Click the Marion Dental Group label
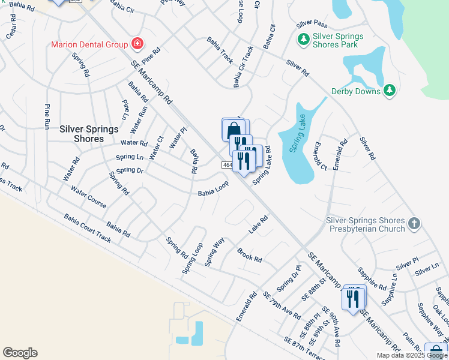pos(89,44)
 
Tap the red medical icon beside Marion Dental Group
pos(137,43)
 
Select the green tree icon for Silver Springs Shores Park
pos(304,40)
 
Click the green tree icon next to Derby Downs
pos(390,91)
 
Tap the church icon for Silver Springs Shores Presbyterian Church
pos(414,224)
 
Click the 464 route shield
pos(227,165)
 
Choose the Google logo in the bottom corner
pos(20,352)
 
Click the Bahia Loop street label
pos(214,190)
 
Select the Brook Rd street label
pos(249,256)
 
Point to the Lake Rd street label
pos(258,226)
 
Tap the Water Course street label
pos(88,197)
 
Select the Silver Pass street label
pos(312,24)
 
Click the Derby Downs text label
pos(356,91)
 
